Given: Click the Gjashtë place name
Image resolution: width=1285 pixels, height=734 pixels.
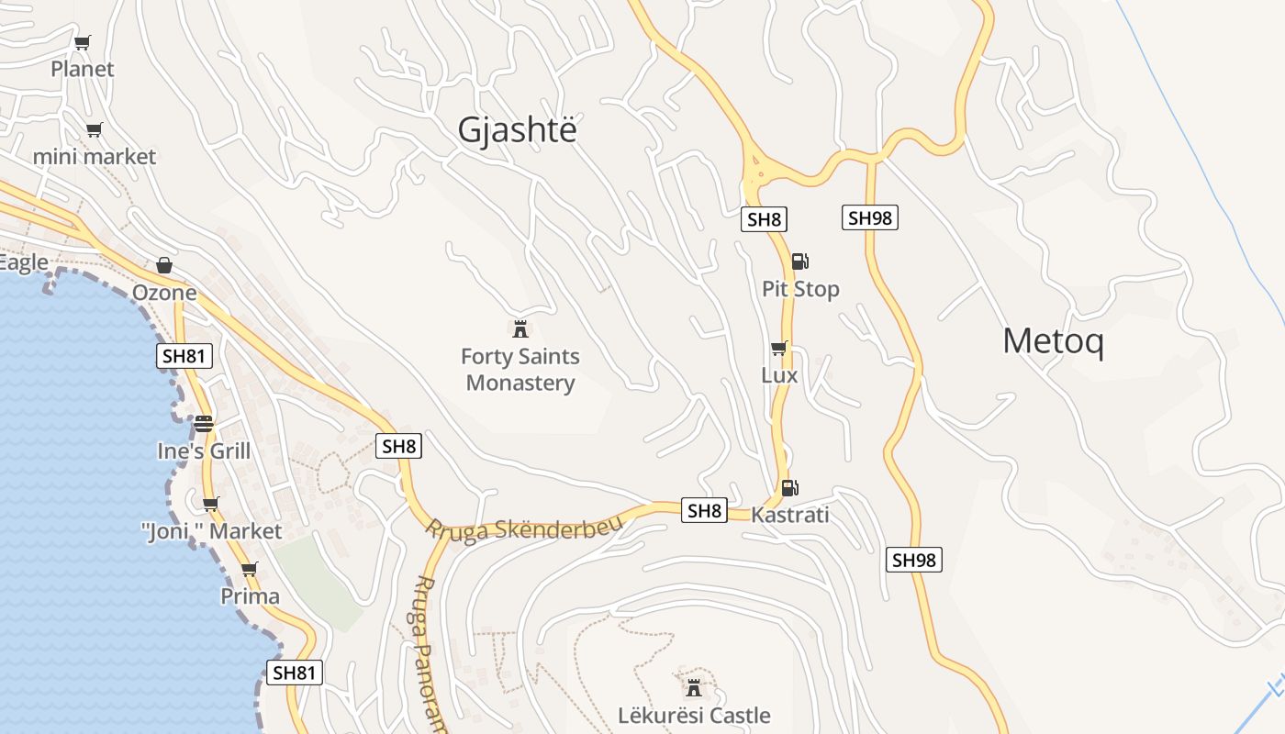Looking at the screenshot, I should click(x=518, y=130).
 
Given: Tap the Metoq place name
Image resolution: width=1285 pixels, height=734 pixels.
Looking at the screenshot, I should click(x=1053, y=341).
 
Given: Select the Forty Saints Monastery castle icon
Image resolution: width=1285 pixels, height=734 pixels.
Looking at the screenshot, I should click(x=520, y=328).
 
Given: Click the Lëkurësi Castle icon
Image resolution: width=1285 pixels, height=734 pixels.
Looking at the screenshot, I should click(x=694, y=687).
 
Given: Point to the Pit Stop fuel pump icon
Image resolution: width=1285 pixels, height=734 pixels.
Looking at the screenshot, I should click(x=799, y=261).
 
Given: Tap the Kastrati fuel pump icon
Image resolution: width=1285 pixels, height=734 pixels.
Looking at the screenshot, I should click(x=788, y=488).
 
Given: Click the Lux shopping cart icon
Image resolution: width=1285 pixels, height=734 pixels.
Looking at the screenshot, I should click(x=778, y=349).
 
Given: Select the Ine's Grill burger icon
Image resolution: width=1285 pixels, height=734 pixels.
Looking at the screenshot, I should click(x=204, y=424).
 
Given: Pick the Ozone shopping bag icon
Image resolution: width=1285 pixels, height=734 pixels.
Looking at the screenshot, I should click(x=164, y=265).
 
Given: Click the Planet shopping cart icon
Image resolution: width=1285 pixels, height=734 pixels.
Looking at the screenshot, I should click(x=83, y=42).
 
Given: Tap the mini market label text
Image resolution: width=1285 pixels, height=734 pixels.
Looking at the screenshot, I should click(x=95, y=157).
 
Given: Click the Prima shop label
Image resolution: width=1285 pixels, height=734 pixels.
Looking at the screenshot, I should click(x=250, y=596).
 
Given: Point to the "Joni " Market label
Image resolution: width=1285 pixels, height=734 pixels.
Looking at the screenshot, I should click(x=211, y=531).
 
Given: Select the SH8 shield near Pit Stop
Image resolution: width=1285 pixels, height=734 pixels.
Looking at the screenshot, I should click(x=764, y=219).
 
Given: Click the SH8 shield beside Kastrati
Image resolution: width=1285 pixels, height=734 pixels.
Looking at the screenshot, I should click(x=705, y=511).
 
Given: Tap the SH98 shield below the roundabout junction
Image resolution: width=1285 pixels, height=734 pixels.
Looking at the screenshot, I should click(x=869, y=217).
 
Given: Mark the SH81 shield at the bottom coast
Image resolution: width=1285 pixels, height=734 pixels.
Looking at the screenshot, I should click(x=295, y=673).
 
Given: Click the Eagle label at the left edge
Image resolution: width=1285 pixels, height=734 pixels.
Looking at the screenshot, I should click(x=23, y=263).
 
